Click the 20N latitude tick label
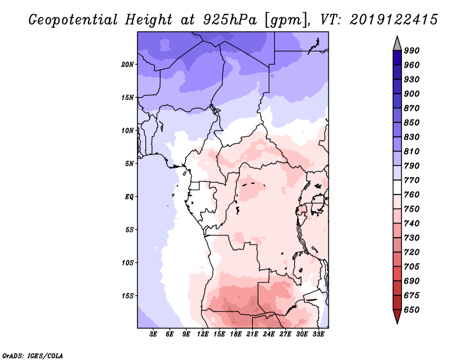(128, 64)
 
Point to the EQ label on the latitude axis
(129, 196)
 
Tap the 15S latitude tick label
(128, 295)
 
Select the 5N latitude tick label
(129, 164)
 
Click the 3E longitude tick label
(153, 334)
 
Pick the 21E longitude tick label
(252, 334)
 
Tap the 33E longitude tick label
(318, 334)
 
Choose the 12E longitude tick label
(202, 334)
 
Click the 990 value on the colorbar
(412, 51)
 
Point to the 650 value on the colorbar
(412, 310)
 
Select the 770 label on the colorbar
(412, 180)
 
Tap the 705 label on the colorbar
(412, 266)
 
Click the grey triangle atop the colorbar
(397, 44)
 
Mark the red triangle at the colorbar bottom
(397, 316)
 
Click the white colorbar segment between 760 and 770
(397, 188)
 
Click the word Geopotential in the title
(73, 20)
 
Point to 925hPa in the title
(230, 20)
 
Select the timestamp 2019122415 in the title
(394, 20)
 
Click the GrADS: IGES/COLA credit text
(33, 356)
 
